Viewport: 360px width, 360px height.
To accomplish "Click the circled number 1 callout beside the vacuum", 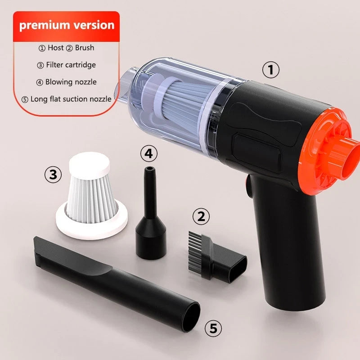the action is pyautogui.click(x=271, y=70).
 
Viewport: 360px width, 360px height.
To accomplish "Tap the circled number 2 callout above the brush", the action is pyautogui.click(x=201, y=216).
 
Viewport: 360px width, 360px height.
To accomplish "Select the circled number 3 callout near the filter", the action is pyautogui.click(x=53, y=174).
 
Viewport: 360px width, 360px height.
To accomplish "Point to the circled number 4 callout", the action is pyautogui.click(x=149, y=153).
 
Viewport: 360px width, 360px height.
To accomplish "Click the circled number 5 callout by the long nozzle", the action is pyautogui.click(x=213, y=328).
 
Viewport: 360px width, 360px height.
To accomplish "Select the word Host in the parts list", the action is pyautogui.click(x=55, y=48).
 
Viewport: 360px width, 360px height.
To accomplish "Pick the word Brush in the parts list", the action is pyautogui.click(x=85, y=48).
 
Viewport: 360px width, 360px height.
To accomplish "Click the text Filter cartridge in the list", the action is pyautogui.click(x=71, y=65).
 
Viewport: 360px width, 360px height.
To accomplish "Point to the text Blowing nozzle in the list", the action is pyautogui.click(x=71, y=82).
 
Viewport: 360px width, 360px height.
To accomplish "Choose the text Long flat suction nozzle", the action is pyautogui.click(x=71, y=99).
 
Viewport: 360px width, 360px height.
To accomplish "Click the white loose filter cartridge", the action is pyautogui.click(x=92, y=196).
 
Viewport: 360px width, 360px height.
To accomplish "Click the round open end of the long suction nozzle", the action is pyautogui.click(x=191, y=317).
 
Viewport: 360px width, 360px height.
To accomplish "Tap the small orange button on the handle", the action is pyautogui.click(x=249, y=186).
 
